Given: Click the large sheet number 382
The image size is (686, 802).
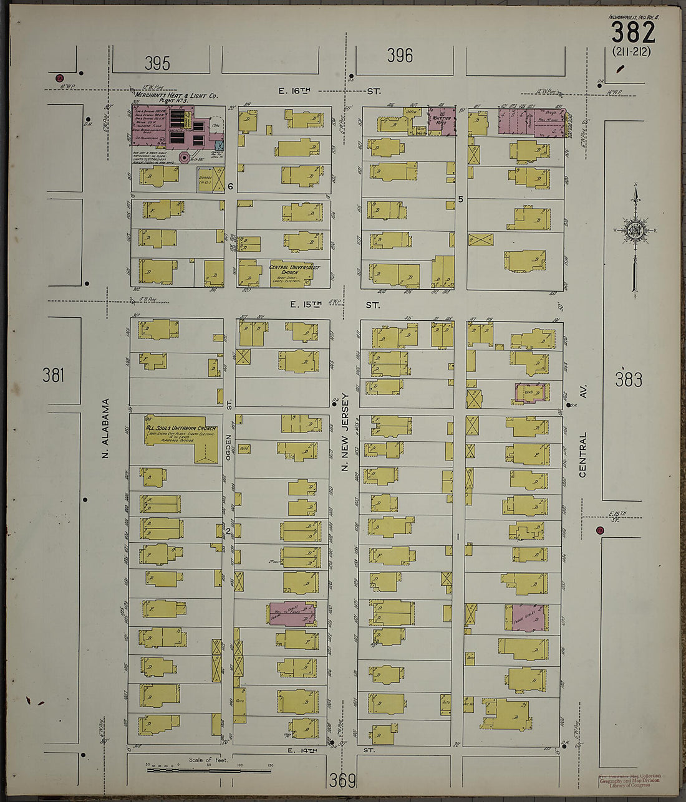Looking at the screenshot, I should [x=632, y=32].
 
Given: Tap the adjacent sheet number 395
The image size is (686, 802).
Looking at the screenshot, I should [x=157, y=63].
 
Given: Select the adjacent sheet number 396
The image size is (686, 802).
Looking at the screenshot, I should [x=399, y=56].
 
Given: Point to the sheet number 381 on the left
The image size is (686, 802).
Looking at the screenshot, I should [x=54, y=375].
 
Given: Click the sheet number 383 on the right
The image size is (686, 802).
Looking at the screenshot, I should [x=628, y=380].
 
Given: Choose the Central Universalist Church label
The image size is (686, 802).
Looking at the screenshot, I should [x=294, y=270].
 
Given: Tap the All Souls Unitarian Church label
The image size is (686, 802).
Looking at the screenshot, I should [x=180, y=428].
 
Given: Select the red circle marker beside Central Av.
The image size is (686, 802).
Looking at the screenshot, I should [x=600, y=530].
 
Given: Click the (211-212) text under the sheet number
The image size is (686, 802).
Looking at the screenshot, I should [x=631, y=52].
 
